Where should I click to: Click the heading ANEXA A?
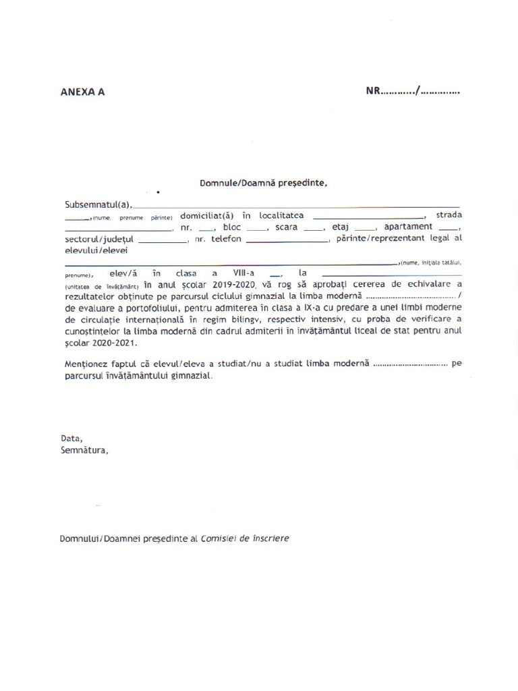pos(83,92)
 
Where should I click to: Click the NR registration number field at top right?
pos(413,90)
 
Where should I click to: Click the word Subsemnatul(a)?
pos(98,204)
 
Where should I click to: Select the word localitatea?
pos(280,215)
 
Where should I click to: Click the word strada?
pos(449,215)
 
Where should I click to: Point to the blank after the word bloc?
pos(257,229)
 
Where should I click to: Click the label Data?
pos(71,438)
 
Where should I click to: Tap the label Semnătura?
pos(84,450)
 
